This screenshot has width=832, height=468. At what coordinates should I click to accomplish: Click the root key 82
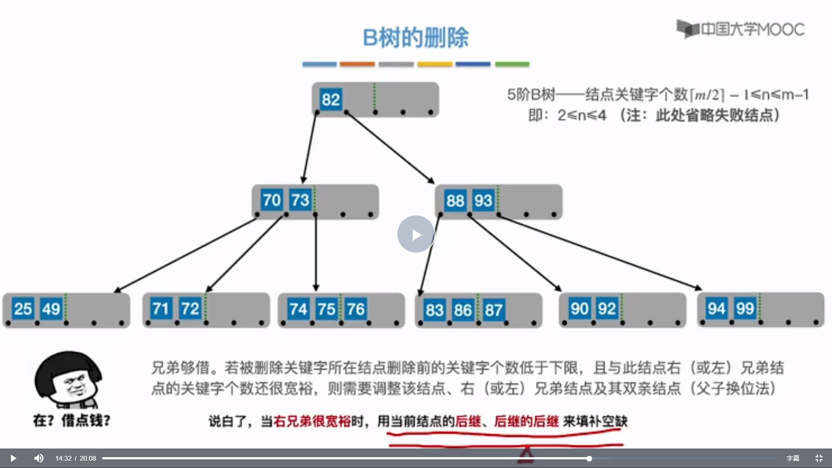click(x=331, y=100)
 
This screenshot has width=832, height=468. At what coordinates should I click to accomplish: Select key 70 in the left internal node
click(x=272, y=200)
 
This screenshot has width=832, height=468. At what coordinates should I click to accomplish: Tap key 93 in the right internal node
click(x=483, y=201)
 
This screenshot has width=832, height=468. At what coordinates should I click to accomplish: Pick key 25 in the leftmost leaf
click(x=23, y=309)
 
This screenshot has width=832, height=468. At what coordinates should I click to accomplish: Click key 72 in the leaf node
click(x=190, y=309)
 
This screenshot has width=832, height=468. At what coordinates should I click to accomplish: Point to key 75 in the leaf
click(x=326, y=309)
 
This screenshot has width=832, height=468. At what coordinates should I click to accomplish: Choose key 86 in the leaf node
click(x=463, y=310)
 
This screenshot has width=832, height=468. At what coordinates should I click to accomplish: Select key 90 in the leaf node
click(x=579, y=309)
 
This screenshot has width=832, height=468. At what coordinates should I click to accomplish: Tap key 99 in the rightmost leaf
click(x=745, y=309)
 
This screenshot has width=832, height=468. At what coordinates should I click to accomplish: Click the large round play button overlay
click(x=416, y=234)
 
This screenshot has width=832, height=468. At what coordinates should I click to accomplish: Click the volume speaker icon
click(x=39, y=458)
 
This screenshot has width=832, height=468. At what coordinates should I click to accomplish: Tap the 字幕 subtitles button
click(x=793, y=458)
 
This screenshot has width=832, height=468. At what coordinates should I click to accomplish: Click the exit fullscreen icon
click(x=819, y=458)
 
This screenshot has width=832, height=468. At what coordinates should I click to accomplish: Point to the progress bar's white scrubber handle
click(x=589, y=458)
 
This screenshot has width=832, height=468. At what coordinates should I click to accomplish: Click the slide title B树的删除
click(x=416, y=38)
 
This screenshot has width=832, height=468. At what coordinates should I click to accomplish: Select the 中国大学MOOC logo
click(x=741, y=29)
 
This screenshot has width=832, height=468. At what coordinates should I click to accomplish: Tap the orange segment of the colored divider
click(x=357, y=64)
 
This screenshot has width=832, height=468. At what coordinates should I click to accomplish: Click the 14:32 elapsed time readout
click(x=63, y=458)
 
